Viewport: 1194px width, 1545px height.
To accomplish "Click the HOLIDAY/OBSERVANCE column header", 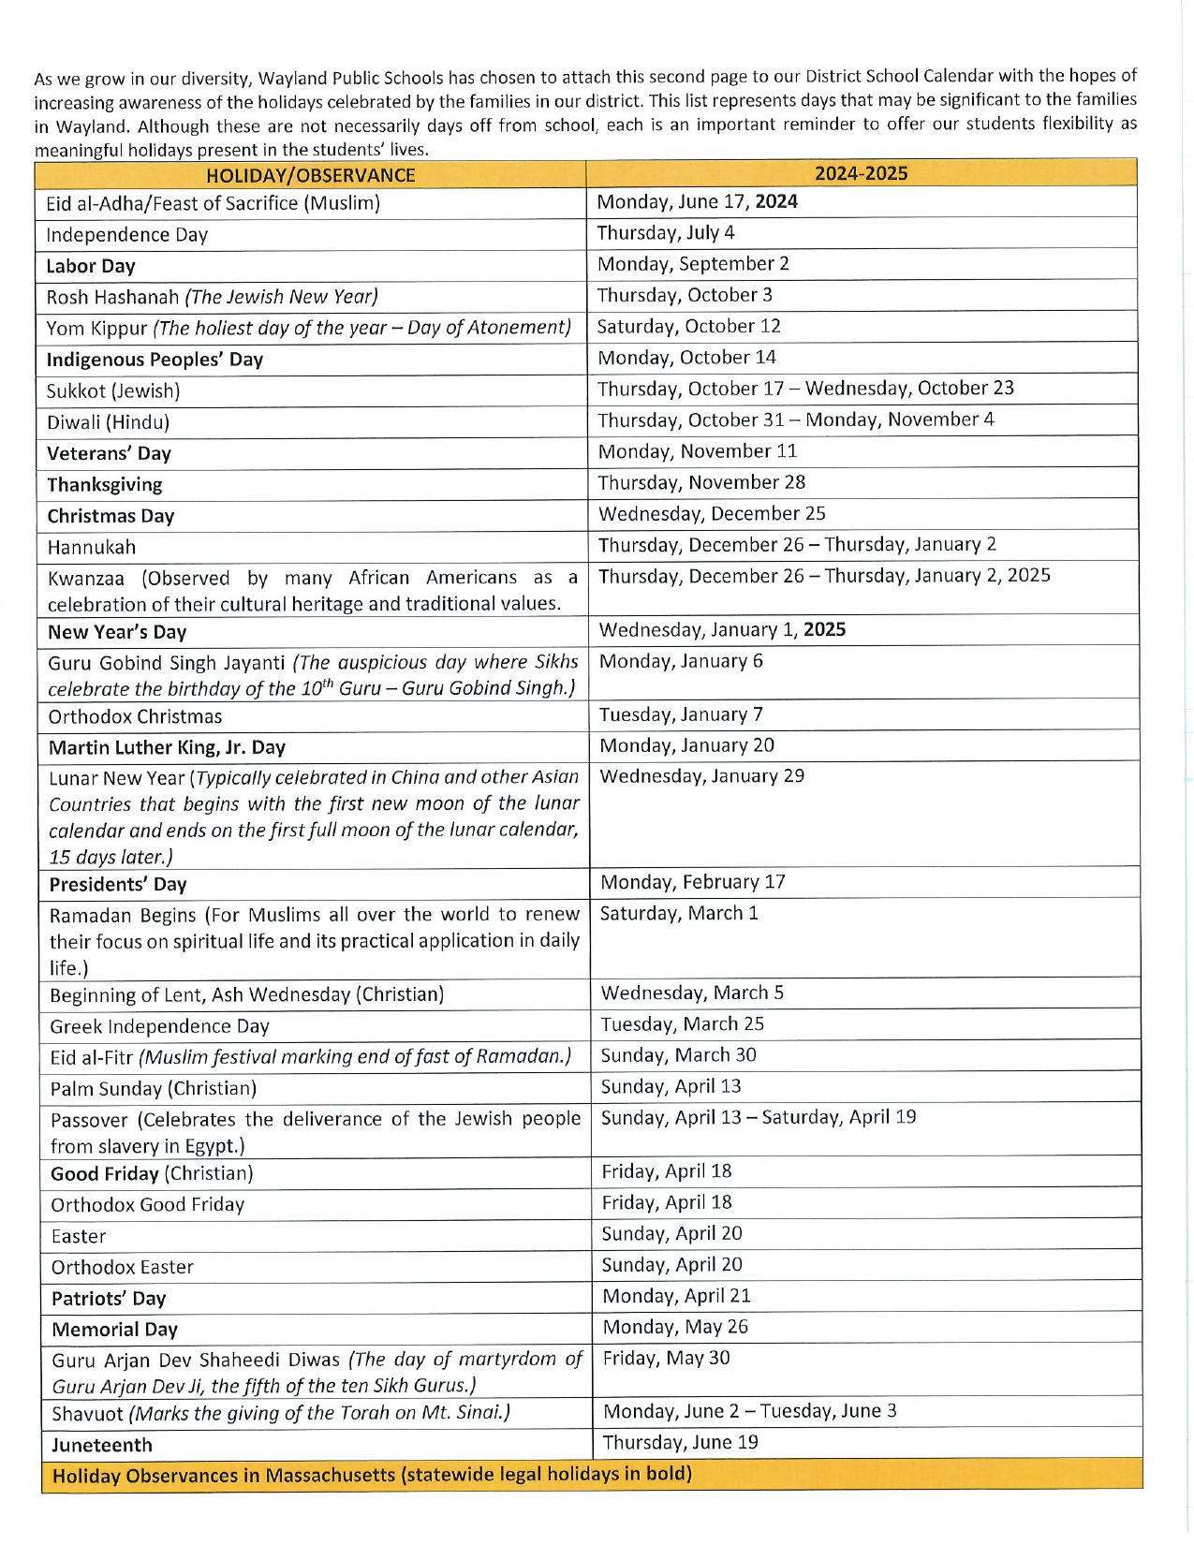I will pos(310,175).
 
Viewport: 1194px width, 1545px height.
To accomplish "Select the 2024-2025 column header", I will pos(861,173).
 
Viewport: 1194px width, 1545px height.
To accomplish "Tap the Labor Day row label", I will pos(91,266).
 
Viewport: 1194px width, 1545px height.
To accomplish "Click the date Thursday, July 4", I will pos(666,232).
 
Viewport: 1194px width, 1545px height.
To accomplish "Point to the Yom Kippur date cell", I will pos(688,326).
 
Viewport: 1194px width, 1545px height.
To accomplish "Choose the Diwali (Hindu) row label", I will pos(109,422).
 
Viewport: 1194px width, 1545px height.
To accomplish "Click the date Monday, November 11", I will pos(698,451).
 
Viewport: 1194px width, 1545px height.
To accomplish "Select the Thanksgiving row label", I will pos(105,485).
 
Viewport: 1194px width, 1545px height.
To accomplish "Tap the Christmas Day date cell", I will pos(712,513).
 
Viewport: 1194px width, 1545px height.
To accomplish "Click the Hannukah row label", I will pos(92,547).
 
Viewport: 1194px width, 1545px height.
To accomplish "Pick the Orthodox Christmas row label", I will pos(136,716).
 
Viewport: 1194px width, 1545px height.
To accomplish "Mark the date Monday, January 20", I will pos(687,745).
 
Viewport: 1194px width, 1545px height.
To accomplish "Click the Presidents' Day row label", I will pos(118,884).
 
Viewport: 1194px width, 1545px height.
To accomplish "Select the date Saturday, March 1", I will pos(679,913).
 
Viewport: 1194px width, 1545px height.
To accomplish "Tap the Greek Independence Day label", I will pos(160,1026).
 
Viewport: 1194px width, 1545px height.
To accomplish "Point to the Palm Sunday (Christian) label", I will pos(154,1088).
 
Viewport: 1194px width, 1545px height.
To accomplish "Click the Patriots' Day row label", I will pos(109,1299).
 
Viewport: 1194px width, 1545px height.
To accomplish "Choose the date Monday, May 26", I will pos(675,1327).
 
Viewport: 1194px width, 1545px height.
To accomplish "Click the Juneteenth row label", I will pos(102,1445).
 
